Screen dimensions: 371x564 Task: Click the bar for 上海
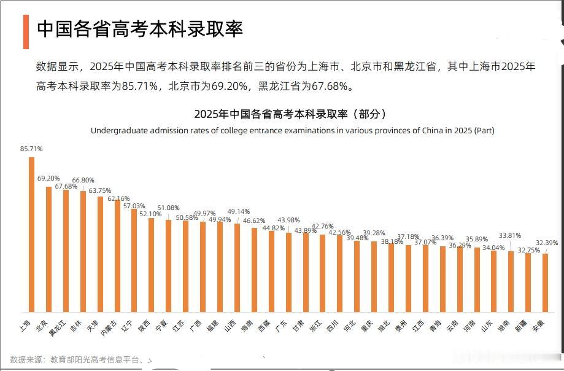[32, 235]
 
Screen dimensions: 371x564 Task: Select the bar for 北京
[49, 249]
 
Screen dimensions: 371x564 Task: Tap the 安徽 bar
[545, 283]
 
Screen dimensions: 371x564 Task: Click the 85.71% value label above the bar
[31, 149]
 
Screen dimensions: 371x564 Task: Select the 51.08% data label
[168, 208]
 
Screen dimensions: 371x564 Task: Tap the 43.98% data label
[288, 220]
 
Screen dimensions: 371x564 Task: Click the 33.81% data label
[510, 235]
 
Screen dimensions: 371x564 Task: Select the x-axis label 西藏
[265, 326]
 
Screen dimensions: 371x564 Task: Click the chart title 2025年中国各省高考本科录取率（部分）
[290, 114]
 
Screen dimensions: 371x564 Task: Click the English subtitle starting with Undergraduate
[292, 130]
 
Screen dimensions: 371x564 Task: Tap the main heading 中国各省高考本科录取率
[140, 29]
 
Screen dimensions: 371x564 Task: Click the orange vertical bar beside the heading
[26, 31]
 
